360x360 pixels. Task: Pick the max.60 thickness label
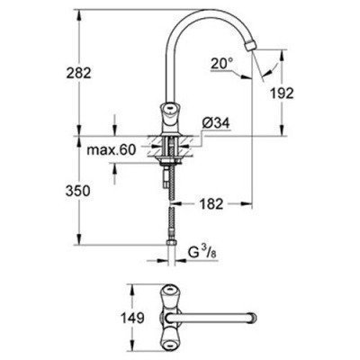[x=105, y=149]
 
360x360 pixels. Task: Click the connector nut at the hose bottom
[x=171, y=247]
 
